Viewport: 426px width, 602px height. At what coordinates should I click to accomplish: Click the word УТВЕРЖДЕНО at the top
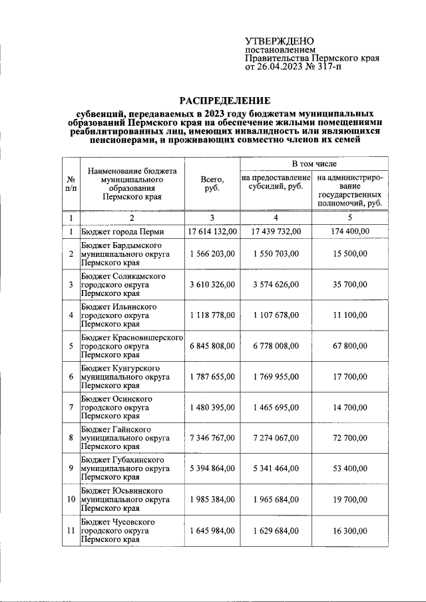click(280, 41)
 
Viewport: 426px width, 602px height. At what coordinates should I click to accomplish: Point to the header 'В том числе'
click(314, 163)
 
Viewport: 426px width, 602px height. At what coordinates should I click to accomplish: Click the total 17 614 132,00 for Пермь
click(212, 231)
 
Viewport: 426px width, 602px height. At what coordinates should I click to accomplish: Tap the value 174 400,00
click(350, 231)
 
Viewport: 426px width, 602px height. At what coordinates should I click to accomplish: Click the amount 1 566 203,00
click(212, 254)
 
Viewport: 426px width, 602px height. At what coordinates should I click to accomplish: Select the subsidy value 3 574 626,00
click(276, 285)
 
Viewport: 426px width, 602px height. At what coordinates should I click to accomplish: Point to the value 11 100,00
click(350, 315)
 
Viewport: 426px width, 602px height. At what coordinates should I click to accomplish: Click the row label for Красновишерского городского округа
click(132, 346)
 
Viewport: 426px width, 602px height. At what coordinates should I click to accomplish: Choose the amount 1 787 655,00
click(212, 376)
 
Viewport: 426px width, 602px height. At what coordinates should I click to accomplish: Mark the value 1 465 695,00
click(276, 407)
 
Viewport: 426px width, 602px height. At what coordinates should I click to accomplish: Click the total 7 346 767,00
click(212, 438)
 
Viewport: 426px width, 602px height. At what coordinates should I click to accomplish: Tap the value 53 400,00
click(350, 468)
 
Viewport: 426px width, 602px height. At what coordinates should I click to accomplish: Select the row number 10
click(70, 499)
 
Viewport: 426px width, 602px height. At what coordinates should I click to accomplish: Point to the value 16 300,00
click(350, 530)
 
